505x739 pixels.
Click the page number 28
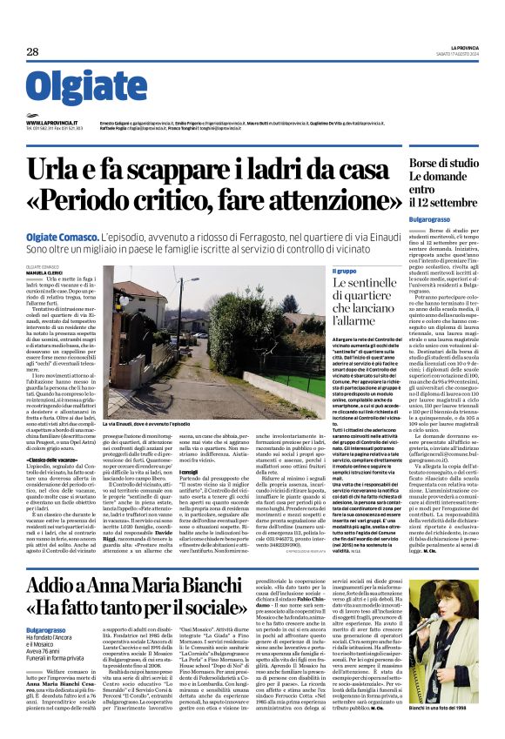tap(32, 52)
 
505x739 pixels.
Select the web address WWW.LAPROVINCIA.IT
tap(52, 124)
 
